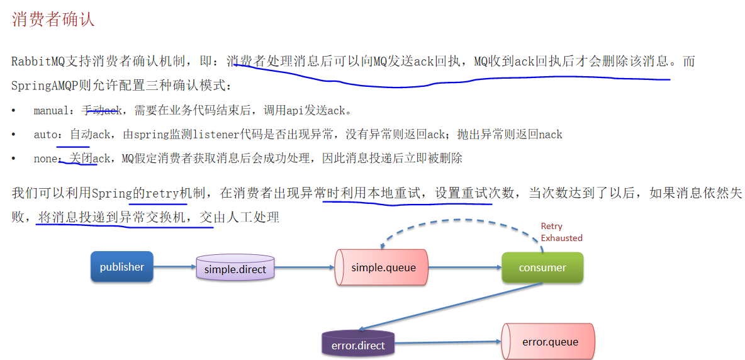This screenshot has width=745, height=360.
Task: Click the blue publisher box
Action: (122, 267)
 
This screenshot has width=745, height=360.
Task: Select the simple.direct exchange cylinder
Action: (235, 269)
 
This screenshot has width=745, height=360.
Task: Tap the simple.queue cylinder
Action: (383, 267)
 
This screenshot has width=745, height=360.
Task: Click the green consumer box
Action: (542, 267)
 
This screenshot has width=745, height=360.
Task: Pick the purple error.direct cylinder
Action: (358, 344)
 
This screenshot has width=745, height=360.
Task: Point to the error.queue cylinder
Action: (549, 342)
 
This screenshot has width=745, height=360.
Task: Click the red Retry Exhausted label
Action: (561, 232)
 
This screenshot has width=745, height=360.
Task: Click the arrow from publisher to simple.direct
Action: (174, 267)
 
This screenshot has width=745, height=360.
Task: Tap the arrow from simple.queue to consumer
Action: (464, 267)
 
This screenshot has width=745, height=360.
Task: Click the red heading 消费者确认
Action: (53, 20)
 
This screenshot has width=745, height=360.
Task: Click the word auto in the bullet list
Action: (45, 135)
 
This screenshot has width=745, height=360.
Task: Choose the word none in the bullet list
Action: (45, 159)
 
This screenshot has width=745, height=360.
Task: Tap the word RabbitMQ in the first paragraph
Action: (38, 62)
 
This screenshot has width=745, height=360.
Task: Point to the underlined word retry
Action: (162, 193)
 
